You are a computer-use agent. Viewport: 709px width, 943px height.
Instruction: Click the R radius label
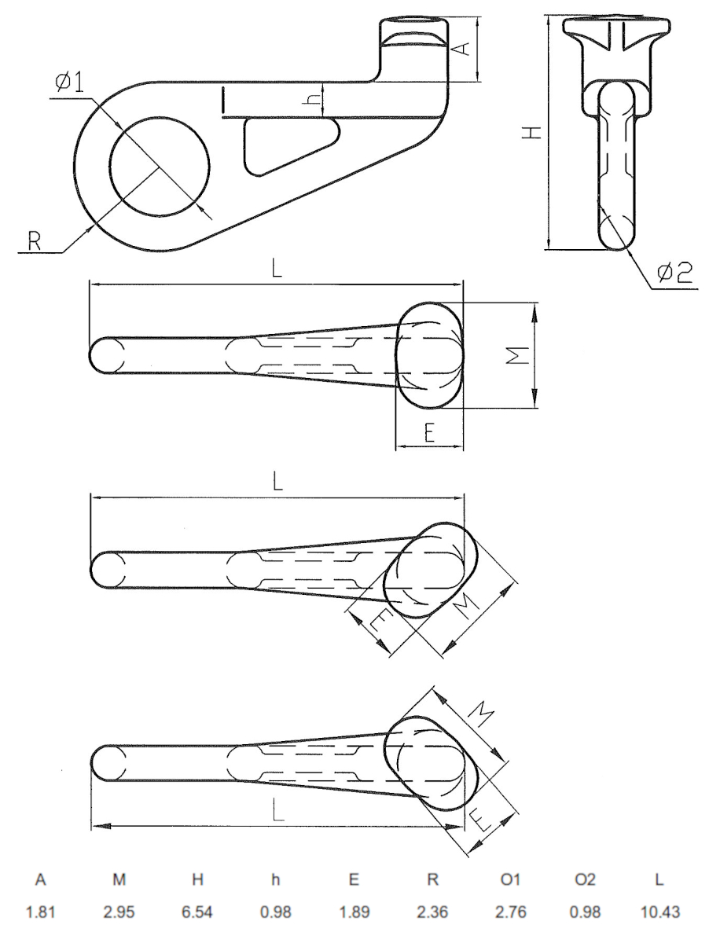coord(34,240)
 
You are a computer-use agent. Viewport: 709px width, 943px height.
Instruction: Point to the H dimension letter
coord(535,133)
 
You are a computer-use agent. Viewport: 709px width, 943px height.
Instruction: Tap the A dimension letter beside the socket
coord(463,49)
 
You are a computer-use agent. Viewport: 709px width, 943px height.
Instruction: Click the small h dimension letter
coord(313,101)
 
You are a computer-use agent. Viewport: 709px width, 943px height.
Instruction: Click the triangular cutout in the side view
coord(288,145)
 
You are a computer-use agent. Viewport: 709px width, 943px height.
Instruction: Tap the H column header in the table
coord(197,880)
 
